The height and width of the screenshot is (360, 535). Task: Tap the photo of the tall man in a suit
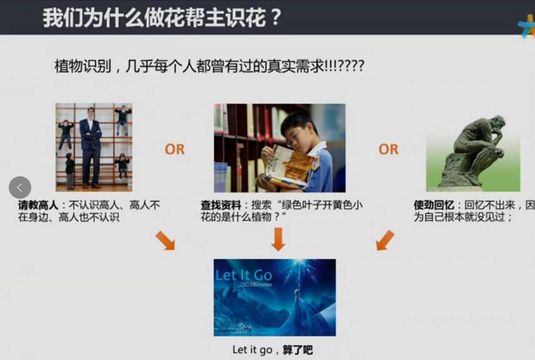coord(94,147)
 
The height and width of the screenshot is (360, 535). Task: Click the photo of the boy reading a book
coord(279,148)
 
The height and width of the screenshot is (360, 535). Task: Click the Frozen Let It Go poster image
coord(274,297)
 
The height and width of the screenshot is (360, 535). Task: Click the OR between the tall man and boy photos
coord(174,149)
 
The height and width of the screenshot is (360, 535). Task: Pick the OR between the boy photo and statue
coord(388,149)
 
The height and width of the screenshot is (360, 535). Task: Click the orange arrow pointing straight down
coord(278,239)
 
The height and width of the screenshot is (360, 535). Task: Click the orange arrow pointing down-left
coord(385,240)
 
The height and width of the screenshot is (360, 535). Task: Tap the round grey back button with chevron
coord(20,187)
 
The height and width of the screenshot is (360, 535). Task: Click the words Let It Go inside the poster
coord(244,275)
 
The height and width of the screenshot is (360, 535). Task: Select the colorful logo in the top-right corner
coord(527,26)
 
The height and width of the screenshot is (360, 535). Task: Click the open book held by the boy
coord(289,166)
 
